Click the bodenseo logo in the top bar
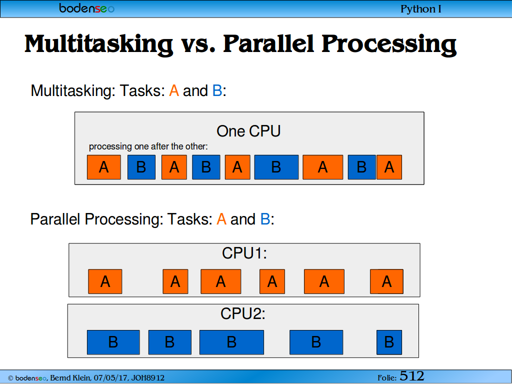[x=87, y=8]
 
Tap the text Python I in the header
[x=420, y=9]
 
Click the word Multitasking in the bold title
[x=98, y=44]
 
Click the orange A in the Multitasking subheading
[x=174, y=91]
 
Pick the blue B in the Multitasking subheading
[x=217, y=91]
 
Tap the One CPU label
[x=248, y=131]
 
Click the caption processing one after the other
[x=148, y=146]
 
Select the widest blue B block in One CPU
[x=276, y=167]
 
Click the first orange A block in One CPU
[x=104, y=167]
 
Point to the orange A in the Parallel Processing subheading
[x=221, y=219]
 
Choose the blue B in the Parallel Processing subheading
[x=265, y=219]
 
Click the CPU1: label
[x=244, y=253]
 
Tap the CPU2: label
[x=243, y=314]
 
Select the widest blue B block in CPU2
[x=231, y=342]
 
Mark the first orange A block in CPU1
[x=105, y=281]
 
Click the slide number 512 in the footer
[x=412, y=376]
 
